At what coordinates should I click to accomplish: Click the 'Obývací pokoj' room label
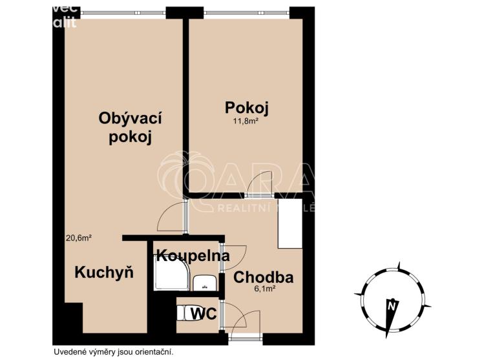tap(130, 127)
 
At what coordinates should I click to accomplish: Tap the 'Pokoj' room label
tap(246, 107)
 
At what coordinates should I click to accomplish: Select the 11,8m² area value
tap(246, 121)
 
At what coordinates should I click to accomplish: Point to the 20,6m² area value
tap(78, 238)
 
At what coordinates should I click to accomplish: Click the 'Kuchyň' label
tap(104, 272)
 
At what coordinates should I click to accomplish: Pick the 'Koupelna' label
tap(193, 255)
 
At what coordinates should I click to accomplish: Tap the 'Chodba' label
tap(264, 278)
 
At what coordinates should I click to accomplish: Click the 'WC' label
tap(202, 314)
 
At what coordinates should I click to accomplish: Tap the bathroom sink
tap(206, 281)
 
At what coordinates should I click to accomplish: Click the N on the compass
tap(390, 306)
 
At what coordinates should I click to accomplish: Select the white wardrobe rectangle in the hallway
tap(290, 223)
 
